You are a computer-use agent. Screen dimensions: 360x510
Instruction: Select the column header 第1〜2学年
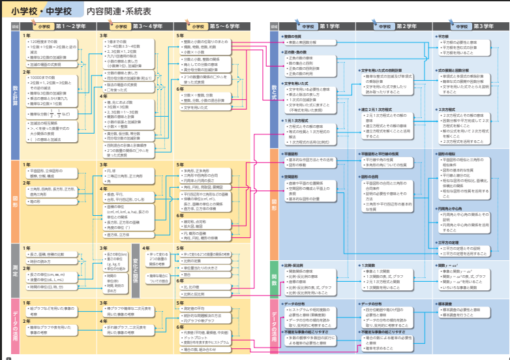coord(70,26)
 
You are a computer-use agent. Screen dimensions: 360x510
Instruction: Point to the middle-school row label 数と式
coord(275,98)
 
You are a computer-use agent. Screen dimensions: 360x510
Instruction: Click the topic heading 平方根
coord(443,37)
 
